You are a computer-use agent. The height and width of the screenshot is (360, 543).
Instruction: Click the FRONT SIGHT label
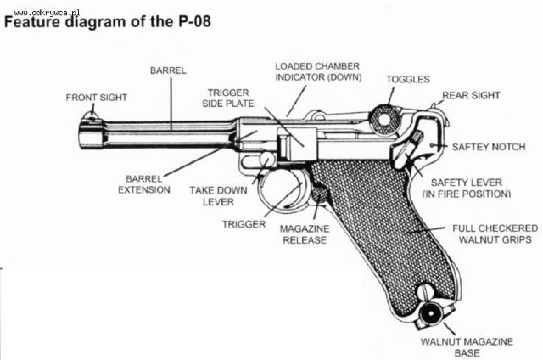[x=97, y=98]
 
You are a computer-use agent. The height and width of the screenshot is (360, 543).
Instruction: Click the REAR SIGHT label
[x=472, y=95]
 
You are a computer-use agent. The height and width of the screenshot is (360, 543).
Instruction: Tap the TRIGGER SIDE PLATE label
[x=228, y=98]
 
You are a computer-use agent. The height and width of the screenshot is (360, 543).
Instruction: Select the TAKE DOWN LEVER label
[x=213, y=196]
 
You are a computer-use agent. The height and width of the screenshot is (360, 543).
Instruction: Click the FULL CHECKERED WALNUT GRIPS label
[x=493, y=234]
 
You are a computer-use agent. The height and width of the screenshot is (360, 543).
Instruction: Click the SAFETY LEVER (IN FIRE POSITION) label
[x=470, y=188]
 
